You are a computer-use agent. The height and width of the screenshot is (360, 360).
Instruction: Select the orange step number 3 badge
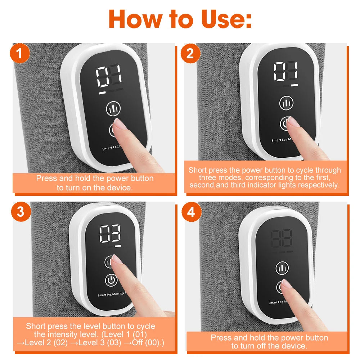click(x=21, y=211)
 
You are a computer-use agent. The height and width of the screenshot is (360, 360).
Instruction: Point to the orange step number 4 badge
click(x=190, y=211)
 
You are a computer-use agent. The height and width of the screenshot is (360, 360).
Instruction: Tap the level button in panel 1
click(x=113, y=108)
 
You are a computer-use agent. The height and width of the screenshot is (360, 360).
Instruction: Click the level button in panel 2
click(x=286, y=103)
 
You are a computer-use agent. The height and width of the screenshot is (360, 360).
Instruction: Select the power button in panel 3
click(x=111, y=280)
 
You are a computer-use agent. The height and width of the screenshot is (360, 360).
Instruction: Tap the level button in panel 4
click(x=282, y=268)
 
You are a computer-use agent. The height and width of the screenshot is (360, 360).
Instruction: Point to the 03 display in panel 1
click(x=109, y=76)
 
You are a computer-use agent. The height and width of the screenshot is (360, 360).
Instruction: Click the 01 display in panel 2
click(x=286, y=71)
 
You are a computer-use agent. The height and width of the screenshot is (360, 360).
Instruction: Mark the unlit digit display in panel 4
click(x=282, y=238)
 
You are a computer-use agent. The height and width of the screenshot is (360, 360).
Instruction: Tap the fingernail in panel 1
click(x=121, y=125)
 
